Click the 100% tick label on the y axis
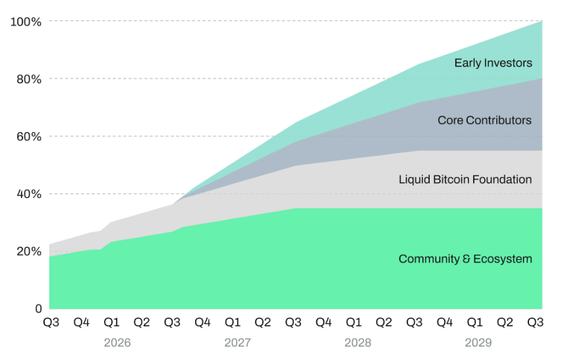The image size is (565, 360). (26, 22)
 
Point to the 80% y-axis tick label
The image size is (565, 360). (29, 79)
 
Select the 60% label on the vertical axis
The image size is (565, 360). (29, 137)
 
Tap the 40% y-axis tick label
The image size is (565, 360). (29, 194)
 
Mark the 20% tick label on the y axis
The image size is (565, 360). (29, 251)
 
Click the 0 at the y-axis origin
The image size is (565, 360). (39, 308)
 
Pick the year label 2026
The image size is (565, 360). (117, 342)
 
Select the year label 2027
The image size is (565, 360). (238, 342)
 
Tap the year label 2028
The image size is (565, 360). (358, 342)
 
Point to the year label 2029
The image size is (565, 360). (478, 342)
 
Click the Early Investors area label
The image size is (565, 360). (493, 63)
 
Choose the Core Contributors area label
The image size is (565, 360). (484, 120)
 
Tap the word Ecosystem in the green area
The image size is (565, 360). (503, 259)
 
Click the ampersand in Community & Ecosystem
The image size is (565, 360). (466, 259)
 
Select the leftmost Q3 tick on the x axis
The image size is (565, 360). (51, 322)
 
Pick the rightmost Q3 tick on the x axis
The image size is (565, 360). (535, 322)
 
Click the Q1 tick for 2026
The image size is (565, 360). (111, 322)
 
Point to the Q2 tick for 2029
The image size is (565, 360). (504, 322)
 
